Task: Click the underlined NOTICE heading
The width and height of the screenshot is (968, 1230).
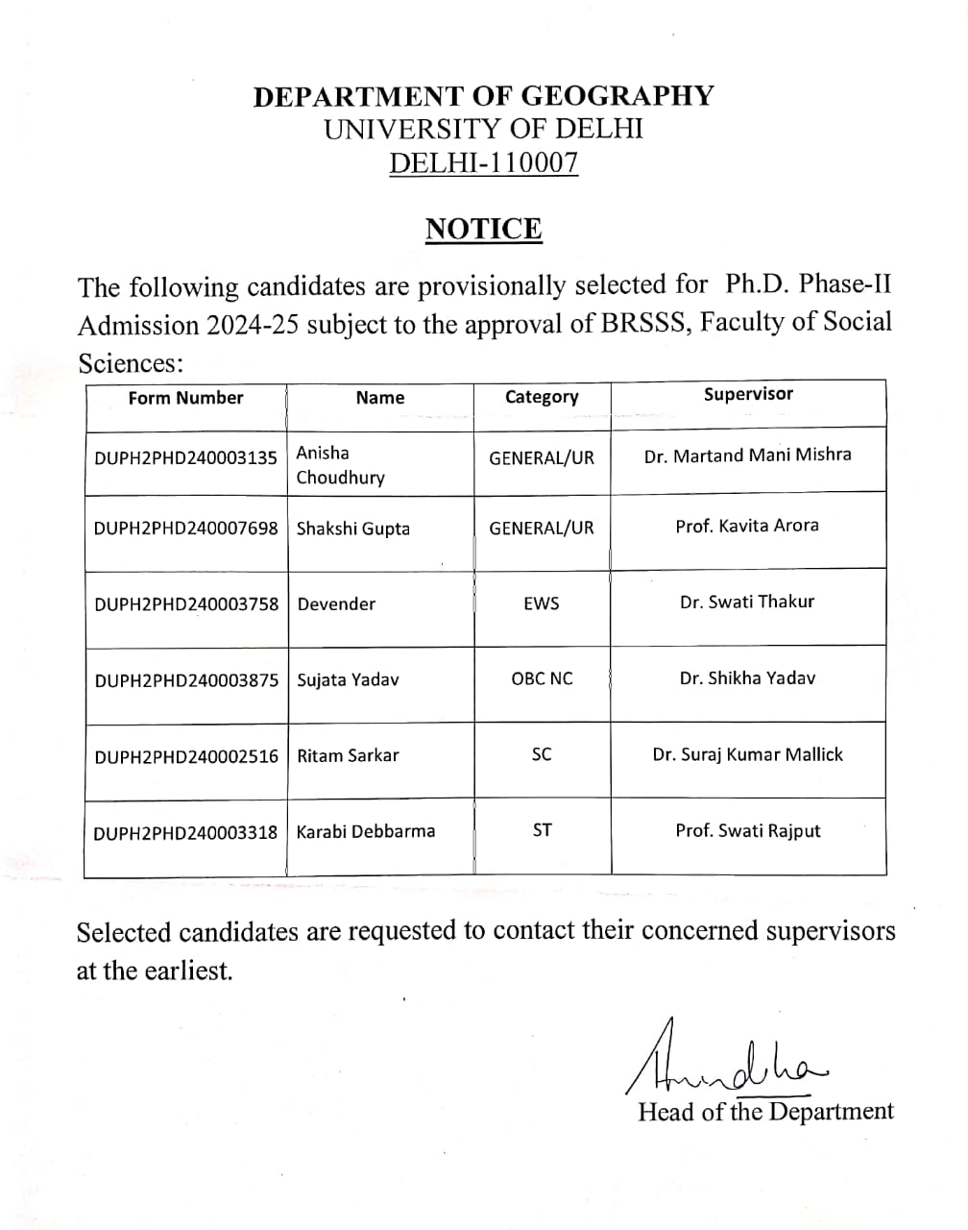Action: pyautogui.click(x=483, y=229)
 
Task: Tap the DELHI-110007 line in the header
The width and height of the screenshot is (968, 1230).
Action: pyautogui.click(x=483, y=163)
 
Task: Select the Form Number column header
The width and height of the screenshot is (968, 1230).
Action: pyautogui.click(x=185, y=398)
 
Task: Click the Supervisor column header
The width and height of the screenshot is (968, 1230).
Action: pyautogui.click(x=748, y=394)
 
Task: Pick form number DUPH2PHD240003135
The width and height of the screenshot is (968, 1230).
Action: pyautogui.click(x=185, y=457)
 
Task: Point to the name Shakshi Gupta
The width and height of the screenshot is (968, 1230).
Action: pyautogui.click(x=352, y=529)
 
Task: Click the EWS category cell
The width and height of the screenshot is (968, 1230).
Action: pyautogui.click(x=542, y=603)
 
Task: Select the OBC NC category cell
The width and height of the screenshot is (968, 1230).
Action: pyautogui.click(x=542, y=678)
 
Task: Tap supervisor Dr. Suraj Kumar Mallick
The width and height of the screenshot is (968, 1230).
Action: pyautogui.click(x=747, y=754)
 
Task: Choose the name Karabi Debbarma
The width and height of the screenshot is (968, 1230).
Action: pyautogui.click(x=365, y=831)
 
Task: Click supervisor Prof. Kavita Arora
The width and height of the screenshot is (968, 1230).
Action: pyautogui.click(x=747, y=526)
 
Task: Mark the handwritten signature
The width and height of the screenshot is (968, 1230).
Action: pyautogui.click(x=725, y=1059)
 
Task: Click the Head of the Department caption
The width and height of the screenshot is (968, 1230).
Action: pyautogui.click(x=765, y=1112)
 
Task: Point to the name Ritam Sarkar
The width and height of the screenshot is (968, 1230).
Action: pyautogui.click(x=348, y=755)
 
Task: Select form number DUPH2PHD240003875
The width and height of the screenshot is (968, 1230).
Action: pyautogui.click(x=186, y=680)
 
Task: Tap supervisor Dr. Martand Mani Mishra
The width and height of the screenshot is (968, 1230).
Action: pyautogui.click(x=747, y=455)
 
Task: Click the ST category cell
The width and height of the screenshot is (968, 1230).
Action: pyautogui.click(x=542, y=830)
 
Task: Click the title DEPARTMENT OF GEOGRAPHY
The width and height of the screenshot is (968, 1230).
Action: pyautogui.click(x=483, y=96)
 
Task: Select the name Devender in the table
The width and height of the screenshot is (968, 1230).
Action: pyautogui.click(x=336, y=604)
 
